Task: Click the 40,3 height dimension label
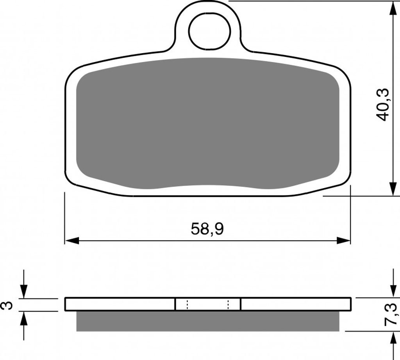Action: pos(383,105)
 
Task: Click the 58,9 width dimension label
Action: pos(207,229)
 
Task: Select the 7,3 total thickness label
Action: pos(390,314)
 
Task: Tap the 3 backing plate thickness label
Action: pos(7,305)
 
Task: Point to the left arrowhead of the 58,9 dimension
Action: pos(72,240)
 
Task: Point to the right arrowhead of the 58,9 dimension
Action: pos(343,240)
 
